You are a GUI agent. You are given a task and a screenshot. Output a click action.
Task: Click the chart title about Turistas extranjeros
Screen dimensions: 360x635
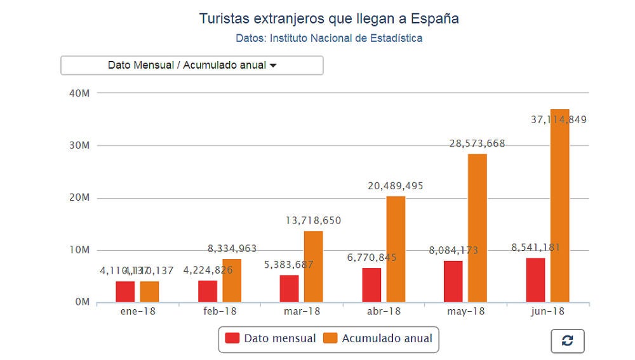[329, 18]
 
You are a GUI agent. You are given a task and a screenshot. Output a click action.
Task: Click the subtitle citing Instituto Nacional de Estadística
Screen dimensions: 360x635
[329, 38]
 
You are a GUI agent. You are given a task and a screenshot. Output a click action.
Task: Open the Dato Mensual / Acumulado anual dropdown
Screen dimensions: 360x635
[192, 65]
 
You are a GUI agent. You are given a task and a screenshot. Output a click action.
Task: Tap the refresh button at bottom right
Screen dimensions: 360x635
[567, 341]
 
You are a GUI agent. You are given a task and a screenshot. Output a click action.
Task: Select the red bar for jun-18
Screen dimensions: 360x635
[535, 279]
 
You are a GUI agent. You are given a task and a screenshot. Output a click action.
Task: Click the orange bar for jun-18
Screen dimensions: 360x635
[559, 205]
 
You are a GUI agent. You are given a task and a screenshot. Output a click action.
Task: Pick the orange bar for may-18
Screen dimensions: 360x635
[478, 227]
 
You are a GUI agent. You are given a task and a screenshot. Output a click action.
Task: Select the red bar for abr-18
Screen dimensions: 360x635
[371, 284]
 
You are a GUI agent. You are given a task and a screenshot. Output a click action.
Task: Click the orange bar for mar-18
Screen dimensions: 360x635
[313, 266]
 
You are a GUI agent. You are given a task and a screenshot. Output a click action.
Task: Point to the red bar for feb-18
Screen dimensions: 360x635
[208, 291]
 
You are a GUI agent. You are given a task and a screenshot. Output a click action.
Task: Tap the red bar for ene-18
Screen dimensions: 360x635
[125, 291]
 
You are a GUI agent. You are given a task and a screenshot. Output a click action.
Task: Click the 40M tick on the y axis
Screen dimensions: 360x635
[79, 93]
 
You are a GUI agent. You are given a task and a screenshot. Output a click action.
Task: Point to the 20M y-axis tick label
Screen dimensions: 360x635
[79, 197]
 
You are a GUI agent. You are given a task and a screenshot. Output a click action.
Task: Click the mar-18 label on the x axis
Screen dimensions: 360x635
[301, 311]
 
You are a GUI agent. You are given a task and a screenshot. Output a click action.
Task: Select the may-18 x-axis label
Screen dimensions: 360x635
[465, 311]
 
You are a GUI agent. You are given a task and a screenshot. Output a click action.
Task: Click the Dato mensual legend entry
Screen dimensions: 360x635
[271, 338]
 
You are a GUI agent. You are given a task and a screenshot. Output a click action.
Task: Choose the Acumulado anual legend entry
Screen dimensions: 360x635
[378, 338]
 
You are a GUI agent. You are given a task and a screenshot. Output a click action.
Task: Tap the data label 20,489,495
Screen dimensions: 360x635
[395, 186]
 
